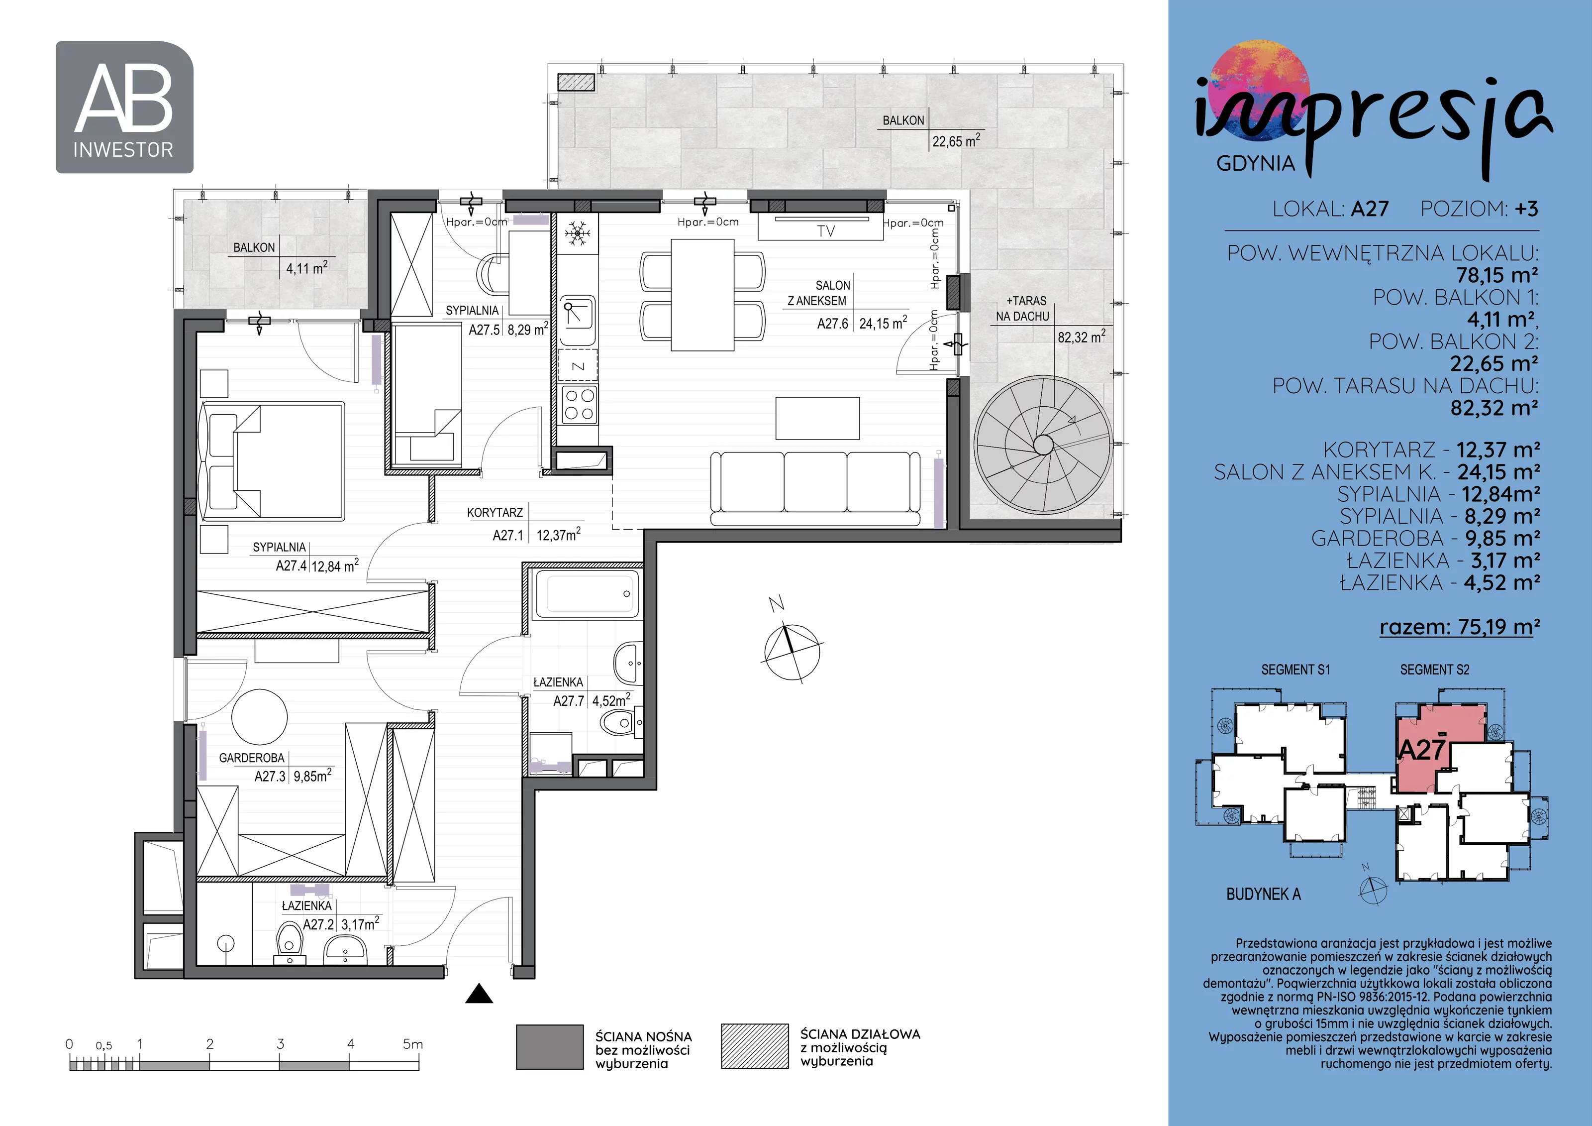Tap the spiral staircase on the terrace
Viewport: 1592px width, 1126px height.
(1043, 445)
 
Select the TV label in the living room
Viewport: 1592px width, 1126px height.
(826, 231)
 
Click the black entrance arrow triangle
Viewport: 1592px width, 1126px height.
(479, 994)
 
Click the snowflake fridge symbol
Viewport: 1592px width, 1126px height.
(577, 234)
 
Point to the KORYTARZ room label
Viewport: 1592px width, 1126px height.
(495, 513)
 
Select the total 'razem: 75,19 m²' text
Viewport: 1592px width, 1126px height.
(1460, 627)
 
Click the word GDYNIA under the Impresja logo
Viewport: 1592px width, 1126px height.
(1256, 164)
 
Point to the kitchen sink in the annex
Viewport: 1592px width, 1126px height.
(577, 321)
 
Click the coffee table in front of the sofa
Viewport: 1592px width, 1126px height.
(817, 418)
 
